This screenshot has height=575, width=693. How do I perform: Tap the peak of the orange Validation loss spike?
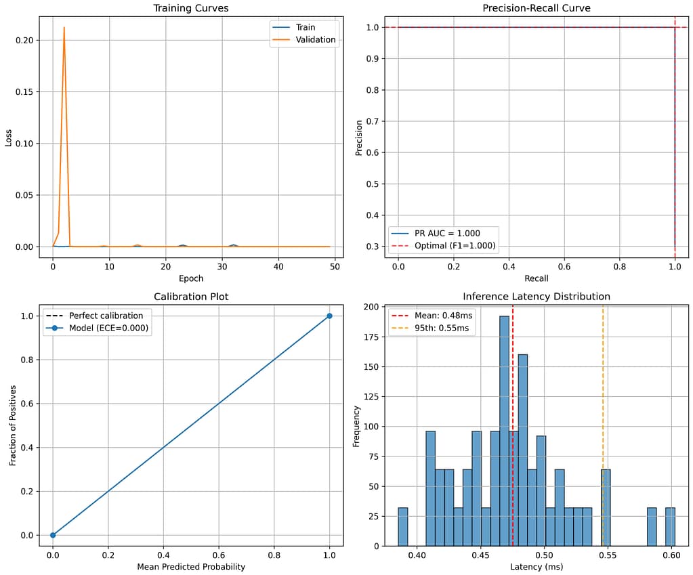click(x=64, y=28)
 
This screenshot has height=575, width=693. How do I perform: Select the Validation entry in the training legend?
click(x=315, y=40)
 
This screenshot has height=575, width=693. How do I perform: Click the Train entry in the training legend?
click(x=306, y=27)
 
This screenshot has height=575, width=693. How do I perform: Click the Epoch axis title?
click(x=190, y=278)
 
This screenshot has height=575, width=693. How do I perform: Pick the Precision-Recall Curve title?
click(x=536, y=9)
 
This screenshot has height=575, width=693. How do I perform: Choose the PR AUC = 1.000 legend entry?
click(x=448, y=233)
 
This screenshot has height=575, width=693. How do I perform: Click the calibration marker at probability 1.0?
click(x=329, y=316)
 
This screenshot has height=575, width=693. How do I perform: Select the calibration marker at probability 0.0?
click(x=53, y=535)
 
